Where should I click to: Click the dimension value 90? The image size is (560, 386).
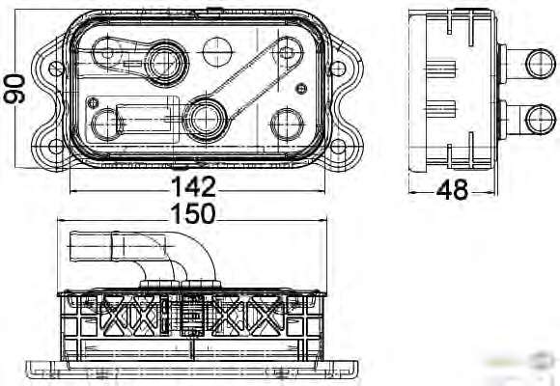click(14, 89)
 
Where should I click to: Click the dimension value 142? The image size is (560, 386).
click(193, 187)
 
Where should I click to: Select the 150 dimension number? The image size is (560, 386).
click(193, 214)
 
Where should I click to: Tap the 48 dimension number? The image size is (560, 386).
click(452, 189)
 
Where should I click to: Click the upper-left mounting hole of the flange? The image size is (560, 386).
click(56, 69)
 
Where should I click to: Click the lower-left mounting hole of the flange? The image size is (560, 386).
click(56, 147)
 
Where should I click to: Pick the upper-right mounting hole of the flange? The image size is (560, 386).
click(338, 69)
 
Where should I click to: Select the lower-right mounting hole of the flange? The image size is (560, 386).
click(338, 147)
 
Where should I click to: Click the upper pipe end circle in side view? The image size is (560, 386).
click(541, 64)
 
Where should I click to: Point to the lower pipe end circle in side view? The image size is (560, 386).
click(542, 120)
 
